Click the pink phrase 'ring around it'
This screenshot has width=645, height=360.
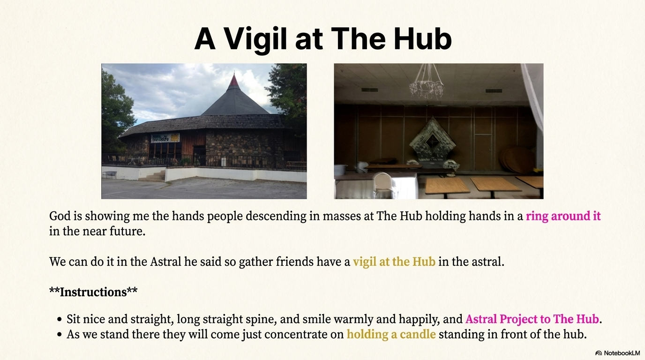(563, 216)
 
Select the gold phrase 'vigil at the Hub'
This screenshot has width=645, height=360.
(394, 262)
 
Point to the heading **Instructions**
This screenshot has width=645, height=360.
(93, 292)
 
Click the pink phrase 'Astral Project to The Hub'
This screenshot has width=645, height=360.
(532, 319)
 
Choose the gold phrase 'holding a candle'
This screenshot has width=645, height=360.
(391, 334)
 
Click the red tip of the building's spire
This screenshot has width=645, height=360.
(233, 80)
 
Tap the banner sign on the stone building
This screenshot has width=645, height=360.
(165, 138)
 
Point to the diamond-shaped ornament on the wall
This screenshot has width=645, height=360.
(432, 140)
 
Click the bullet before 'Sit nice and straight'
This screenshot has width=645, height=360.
(60, 319)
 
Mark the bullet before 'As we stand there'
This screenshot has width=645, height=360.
(60, 335)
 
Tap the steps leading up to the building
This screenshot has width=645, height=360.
(153, 176)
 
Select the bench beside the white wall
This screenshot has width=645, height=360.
(109, 174)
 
